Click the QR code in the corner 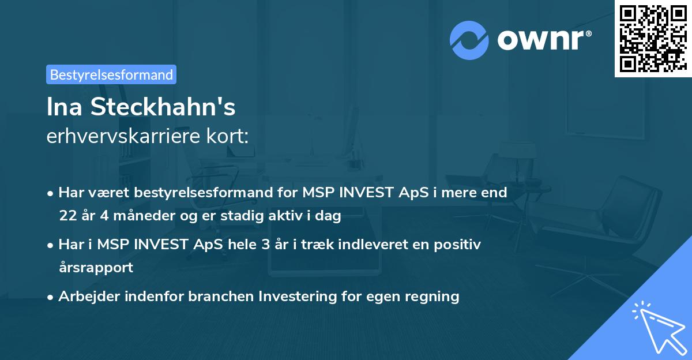pyautogui.click(x=653, y=38)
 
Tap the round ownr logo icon pyautogui.click(x=469, y=40)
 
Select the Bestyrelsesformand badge pyautogui.click(x=111, y=74)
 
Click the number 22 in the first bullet pyautogui.click(x=67, y=216)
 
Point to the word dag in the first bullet pyautogui.click(x=330, y=216)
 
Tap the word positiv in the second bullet pyautogui.click(x=460, y=244)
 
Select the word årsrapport pyautogui.click(x=96, y=268)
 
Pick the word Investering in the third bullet pyautogui.click(x=294, y=297)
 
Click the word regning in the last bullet pyautogui.click(x=435, y=297)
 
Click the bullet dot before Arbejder pyautogui.click(x=51, y=297)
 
